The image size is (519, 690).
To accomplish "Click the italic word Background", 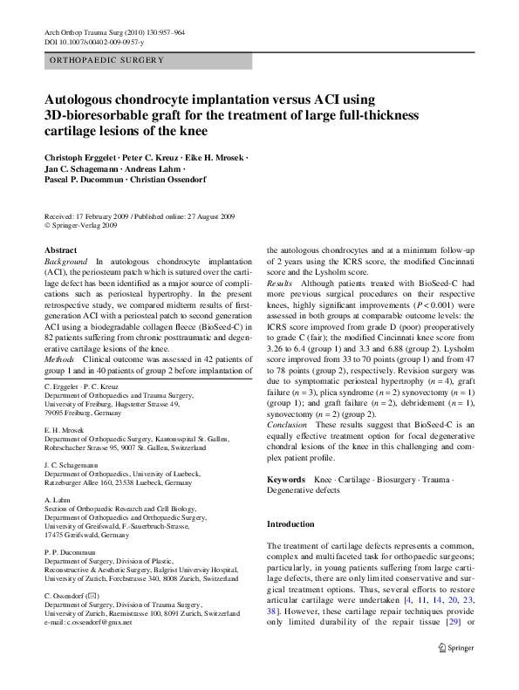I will [x=66, y=262].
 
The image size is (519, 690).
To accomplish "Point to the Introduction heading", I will [x=290, y=524].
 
